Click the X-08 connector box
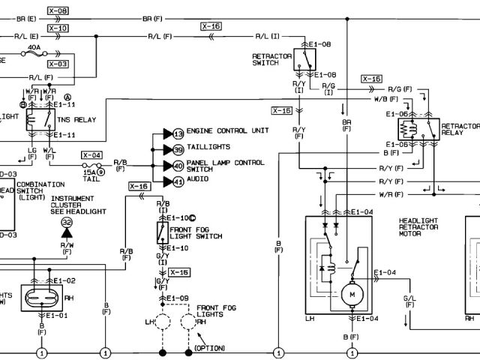(57, 11)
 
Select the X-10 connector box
(57, 28)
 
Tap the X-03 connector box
(57, 64)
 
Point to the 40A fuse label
(33, 46)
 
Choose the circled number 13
(178, 133)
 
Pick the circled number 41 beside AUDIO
(178, 181)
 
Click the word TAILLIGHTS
(208, 147)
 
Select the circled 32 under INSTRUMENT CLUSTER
(66, 223)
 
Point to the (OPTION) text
(210, 348)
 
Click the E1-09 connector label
(178, 298)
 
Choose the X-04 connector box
(91, 155)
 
